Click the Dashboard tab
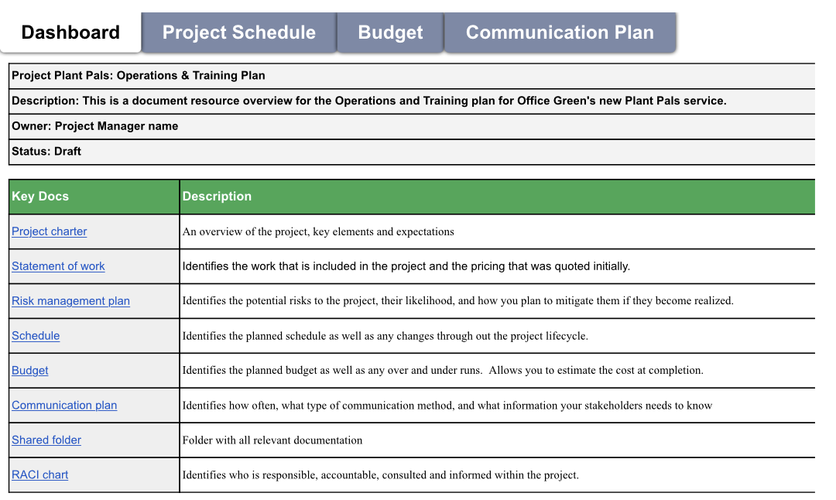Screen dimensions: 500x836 [x=70, y=33]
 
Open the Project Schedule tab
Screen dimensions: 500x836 [x=239, y=33]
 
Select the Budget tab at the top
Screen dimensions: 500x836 [x=390, y=33]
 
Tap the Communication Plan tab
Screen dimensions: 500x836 [x=560, y=33]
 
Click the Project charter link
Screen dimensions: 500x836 [x=50, y=231]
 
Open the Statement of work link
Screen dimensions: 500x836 [x=58, y=266]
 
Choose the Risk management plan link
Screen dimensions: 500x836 [x=70, y=301]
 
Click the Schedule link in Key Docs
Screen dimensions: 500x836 [x=36, y=336]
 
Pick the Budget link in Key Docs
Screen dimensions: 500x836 [x=30, y=371]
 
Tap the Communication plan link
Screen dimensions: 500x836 [x=64, y=406]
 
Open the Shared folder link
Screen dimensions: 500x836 [x=46, y=440]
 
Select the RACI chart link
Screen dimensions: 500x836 [x=40, y=475]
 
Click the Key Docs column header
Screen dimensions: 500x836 [x=40, y=197]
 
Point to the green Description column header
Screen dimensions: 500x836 [x=217, y=197]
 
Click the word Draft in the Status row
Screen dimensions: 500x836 [x=67, y=152]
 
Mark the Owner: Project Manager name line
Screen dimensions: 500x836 [x=95, y=126]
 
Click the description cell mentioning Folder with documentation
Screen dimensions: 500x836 [x=272, y=440]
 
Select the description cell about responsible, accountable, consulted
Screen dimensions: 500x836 [x=380, y=475]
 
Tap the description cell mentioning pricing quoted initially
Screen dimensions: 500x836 [x=406, y=266]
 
